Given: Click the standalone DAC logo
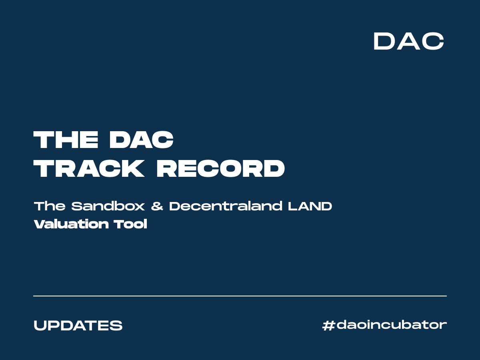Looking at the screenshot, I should tap(408, 41).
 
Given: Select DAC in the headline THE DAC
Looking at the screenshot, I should tap(141, 140).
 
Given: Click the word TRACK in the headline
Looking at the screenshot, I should tap(89, 168).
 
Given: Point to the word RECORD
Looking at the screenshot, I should tap(220, 168).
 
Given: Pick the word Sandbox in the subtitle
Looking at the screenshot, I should tap(108, 206).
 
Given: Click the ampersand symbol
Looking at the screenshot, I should tap(157, 206).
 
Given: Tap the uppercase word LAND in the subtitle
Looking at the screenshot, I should tap(310, 206).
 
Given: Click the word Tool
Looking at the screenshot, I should tap(130, 224).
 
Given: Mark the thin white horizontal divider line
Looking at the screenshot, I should tap(240, 296).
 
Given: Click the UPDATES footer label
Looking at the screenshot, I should tap(78, 325).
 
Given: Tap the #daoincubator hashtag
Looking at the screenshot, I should tap(384, 325).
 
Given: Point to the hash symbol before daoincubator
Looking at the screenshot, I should tap(328, 325).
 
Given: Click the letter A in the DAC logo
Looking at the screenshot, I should tap(408, 41).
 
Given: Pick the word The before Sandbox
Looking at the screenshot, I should tap(50, 206).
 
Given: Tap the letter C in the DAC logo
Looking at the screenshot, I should tap(433, 41).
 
